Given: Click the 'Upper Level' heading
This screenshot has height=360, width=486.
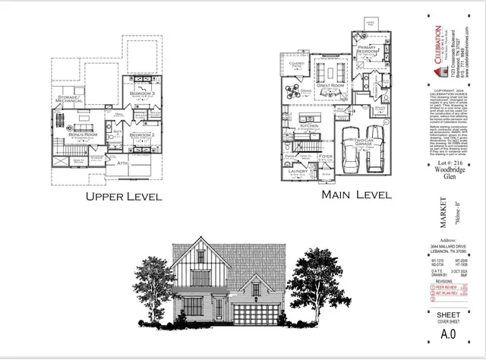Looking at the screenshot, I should [x=124, y=197].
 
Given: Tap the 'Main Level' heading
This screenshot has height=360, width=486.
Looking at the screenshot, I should [x=357, y=195].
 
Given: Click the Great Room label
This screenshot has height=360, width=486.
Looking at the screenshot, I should [x=331, y=87].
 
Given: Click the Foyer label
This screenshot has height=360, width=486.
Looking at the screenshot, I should [x=327, y=156].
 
